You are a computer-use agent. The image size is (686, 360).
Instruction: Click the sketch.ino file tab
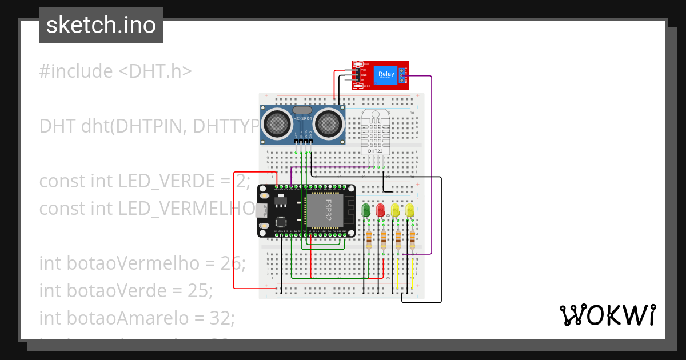[101, 25]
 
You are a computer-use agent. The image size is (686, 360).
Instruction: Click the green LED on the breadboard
[367, 210]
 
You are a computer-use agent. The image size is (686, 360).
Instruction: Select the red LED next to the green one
[381, 210]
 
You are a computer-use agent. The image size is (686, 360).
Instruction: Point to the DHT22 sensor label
[375, 151]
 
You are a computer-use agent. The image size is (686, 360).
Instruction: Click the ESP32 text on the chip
[329, 210]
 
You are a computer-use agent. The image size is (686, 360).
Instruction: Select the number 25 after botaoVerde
[200, 290]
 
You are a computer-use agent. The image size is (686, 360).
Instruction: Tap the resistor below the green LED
[368, 238]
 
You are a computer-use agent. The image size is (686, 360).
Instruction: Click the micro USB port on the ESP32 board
[261, 210]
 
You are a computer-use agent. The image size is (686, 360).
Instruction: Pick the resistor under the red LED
[383, 238]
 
